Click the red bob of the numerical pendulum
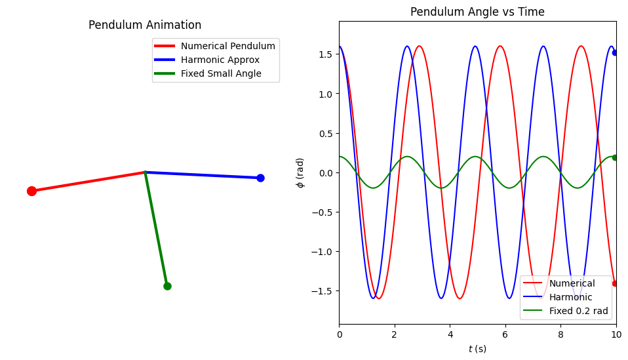pos(31,191)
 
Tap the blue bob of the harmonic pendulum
pos(260,178)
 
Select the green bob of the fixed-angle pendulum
pos(167,286)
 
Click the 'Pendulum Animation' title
pos(145,26)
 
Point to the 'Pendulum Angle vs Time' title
pos(477,12)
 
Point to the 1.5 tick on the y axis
pos(326,55)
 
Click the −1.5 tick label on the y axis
pos(324,291)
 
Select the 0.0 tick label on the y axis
pos(326,173)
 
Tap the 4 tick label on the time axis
pos(450,335)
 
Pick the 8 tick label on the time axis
pos(560,335)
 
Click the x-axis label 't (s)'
pos(477,349)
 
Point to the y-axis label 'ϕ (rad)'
pos(300,172)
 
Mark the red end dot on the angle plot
pos(615,283)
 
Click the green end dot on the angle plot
pos(615,157)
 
